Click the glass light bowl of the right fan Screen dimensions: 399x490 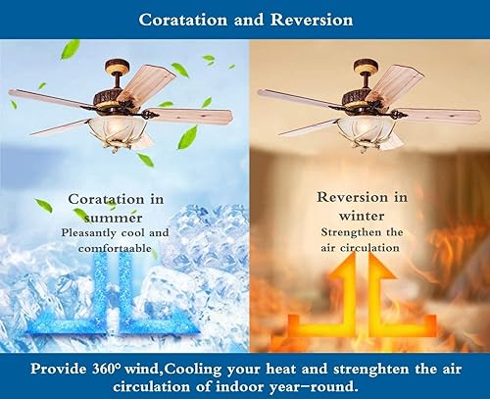tap(371, 130)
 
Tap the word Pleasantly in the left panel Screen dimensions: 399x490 tap(94, 233)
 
